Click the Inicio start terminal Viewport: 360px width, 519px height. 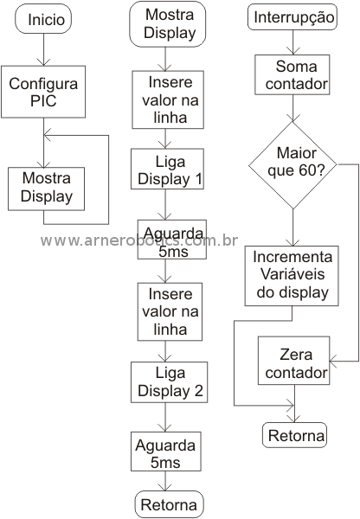click(43, 19)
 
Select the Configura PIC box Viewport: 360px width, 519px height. click(43, 92)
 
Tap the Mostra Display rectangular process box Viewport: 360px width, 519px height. click(47, 189)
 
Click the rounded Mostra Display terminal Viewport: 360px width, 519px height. click(168, 24)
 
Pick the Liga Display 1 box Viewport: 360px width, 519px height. click(167, 169)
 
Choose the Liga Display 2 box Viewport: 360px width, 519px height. click(170, 382)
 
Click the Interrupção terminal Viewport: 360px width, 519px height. click(292, 17)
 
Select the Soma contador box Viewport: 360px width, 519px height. click(292, 74)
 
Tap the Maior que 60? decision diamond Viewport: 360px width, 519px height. click(292, 165)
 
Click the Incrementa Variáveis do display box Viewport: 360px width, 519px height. click(292, 276)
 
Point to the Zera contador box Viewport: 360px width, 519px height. click(294, 361)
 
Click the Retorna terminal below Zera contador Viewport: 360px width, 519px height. click(295, 435)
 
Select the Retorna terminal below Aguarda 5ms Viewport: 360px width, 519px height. click(170, 504)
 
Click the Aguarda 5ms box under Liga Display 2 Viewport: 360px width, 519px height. click(166, 452)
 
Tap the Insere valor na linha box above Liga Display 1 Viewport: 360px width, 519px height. click(168, 99)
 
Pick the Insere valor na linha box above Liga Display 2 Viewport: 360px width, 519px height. click(170, 311)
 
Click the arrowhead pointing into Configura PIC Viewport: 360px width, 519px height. click(43, 62)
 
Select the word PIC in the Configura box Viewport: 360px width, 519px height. click(43, 100)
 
